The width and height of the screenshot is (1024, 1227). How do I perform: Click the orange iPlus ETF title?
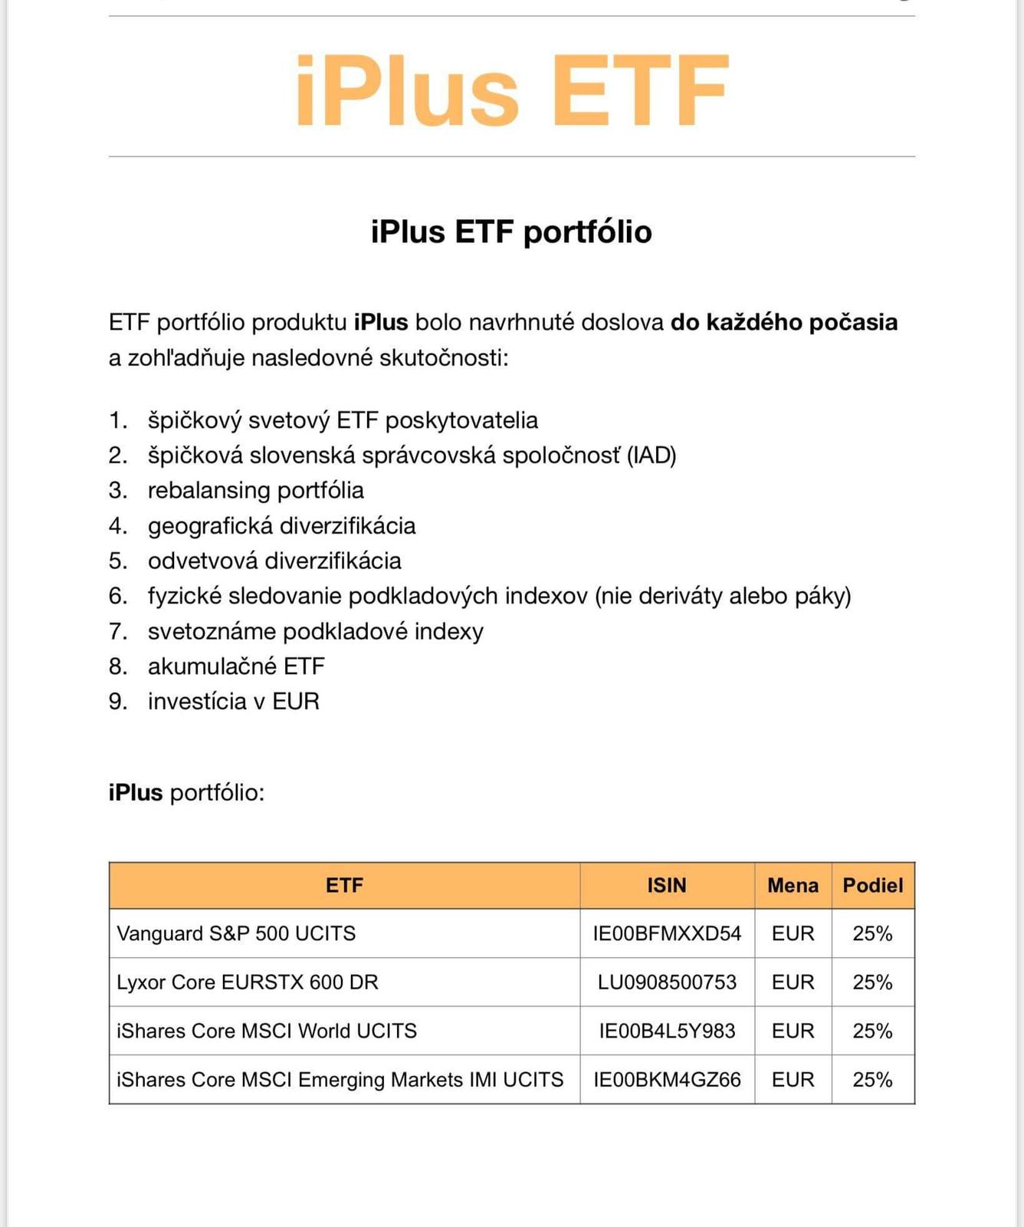coord(511,90)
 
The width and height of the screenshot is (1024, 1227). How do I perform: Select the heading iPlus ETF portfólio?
coord(511,232)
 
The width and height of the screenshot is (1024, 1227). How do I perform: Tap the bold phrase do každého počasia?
coord(783,322)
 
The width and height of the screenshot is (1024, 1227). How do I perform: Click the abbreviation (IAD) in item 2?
coord(651,456)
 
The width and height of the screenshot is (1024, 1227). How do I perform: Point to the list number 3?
coord(117,491)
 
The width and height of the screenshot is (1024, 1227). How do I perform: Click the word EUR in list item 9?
coord(296,702)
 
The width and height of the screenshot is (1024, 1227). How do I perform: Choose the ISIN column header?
coord(666,886)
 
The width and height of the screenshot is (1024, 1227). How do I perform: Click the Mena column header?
coord(793,886)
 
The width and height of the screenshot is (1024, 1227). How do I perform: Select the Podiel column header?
coord(872,886)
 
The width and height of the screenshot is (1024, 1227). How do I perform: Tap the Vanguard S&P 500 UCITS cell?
coord(236,934)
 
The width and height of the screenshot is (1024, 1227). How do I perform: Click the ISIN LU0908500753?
coord(667,982)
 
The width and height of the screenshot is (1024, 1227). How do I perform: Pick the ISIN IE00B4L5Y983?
coord(667,1031)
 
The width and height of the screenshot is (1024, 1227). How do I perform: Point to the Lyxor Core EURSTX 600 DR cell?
coord(248,982)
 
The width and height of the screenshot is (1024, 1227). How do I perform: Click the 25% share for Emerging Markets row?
coord(872,1080)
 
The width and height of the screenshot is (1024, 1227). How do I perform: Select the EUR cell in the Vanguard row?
coord(793,934)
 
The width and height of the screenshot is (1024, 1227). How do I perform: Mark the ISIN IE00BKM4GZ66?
coord(667,1080)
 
